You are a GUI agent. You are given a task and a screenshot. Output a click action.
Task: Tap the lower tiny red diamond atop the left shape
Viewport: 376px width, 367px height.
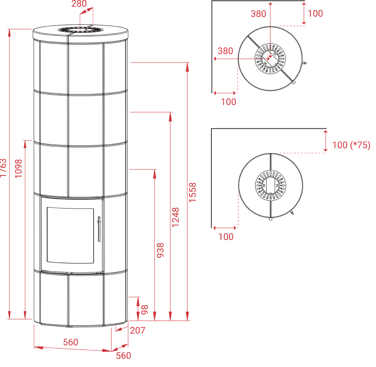81,30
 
